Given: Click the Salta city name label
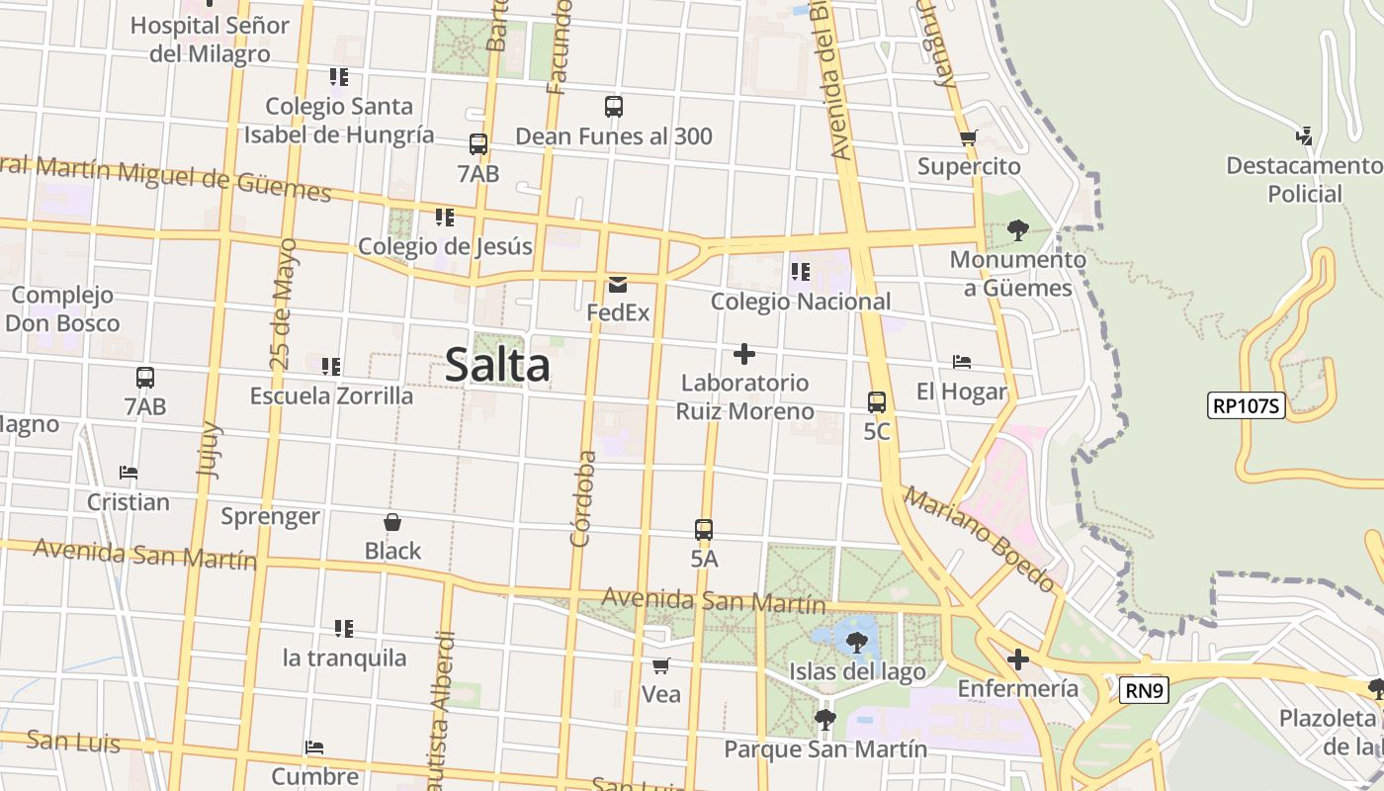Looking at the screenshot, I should (497, 365).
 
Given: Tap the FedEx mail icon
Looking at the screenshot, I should (618, 285).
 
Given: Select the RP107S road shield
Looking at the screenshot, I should (1246, 404).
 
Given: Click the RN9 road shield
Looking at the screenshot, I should (1145, 690).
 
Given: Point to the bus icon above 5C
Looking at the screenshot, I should (877, 402).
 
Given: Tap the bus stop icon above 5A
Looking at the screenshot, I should (704, 530).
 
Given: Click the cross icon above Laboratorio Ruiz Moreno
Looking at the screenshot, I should (744, 354).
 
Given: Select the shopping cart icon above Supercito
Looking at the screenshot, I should (968, 137).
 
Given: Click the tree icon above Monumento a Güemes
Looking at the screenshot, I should (1017, 231).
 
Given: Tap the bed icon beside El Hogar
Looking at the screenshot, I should (962, 362).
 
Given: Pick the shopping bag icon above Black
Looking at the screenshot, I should (392, 522).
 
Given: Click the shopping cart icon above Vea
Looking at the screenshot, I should (661, 665).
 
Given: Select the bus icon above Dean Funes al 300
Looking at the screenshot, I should (614, 107).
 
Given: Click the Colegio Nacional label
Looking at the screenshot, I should (801, 302).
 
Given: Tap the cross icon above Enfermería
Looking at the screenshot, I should (1018, 659).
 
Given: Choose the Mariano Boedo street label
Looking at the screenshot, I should (979, 540).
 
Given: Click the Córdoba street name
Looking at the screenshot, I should (583, 498).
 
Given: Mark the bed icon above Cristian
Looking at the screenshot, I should (128, 473).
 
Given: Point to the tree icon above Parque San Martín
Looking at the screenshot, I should (825, 720).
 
